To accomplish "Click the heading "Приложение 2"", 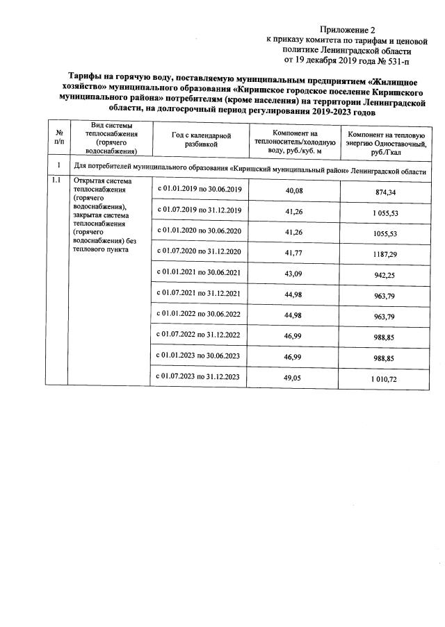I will pos(347,31).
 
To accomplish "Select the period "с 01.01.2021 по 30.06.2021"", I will pos(198,272).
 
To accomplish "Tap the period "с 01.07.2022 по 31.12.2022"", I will pos(198,335).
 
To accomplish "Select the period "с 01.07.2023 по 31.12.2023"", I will pos(198,376).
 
